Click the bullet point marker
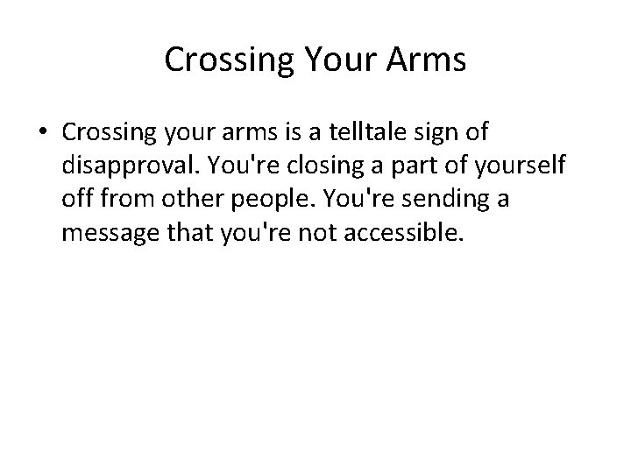[42, 133]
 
